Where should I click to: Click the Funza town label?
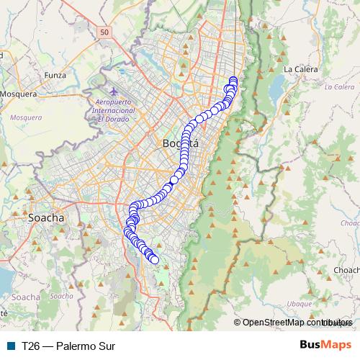(55, 73)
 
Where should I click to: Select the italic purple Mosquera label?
(26, 116)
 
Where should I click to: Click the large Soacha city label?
(45, 217)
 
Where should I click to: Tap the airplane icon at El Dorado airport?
(115, 91)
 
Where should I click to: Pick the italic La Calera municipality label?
(338, 87)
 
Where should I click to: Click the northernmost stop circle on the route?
(233, 80)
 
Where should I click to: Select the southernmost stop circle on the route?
(154, 259)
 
